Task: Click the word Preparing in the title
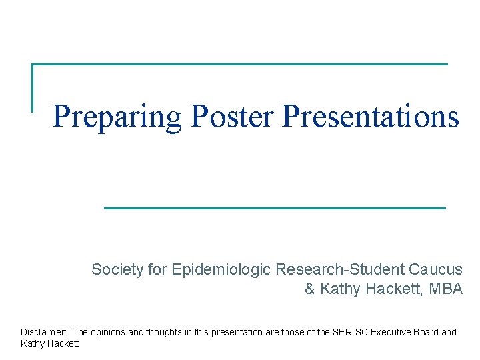click(117, 117)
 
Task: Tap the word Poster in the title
click(232, 117)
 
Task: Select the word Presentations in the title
click(371, 117)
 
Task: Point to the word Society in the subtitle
click(117, 270)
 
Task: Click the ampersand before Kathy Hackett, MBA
click(310, 289)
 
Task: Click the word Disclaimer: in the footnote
click(43, 332)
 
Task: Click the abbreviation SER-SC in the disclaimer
click(353, 332)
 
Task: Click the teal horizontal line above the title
click(240, 65)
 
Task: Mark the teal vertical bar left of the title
click(33, 87)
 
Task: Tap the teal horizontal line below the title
click(275, 208)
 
